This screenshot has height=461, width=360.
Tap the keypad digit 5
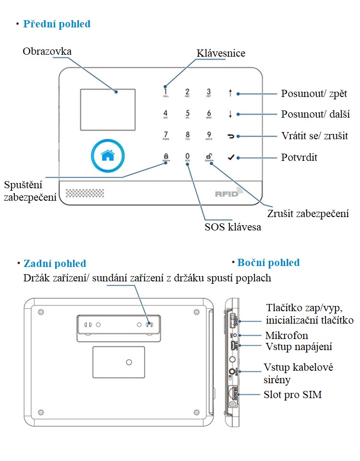point(187,114)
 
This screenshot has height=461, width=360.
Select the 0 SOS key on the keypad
point(188,157)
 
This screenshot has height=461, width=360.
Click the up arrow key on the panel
point(230,93)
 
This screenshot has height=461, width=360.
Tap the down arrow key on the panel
point(230,114)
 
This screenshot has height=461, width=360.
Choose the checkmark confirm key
point(231,157)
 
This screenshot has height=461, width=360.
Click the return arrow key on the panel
point(231,136)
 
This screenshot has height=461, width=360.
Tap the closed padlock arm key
point(166,157)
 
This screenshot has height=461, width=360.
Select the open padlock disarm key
point(209,157)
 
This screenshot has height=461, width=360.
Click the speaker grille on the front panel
point(85,193)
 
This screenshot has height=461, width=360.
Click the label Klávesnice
point(221,53)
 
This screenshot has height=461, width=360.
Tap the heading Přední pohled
point(57,24)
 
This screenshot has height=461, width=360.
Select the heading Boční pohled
point(268,262)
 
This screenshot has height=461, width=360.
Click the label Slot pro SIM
point(293,395)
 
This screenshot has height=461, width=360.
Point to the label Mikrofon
point(287,335)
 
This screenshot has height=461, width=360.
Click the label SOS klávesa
point(233,227)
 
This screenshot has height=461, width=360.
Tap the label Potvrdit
point(299,157)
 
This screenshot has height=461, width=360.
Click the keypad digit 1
point(166,92)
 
